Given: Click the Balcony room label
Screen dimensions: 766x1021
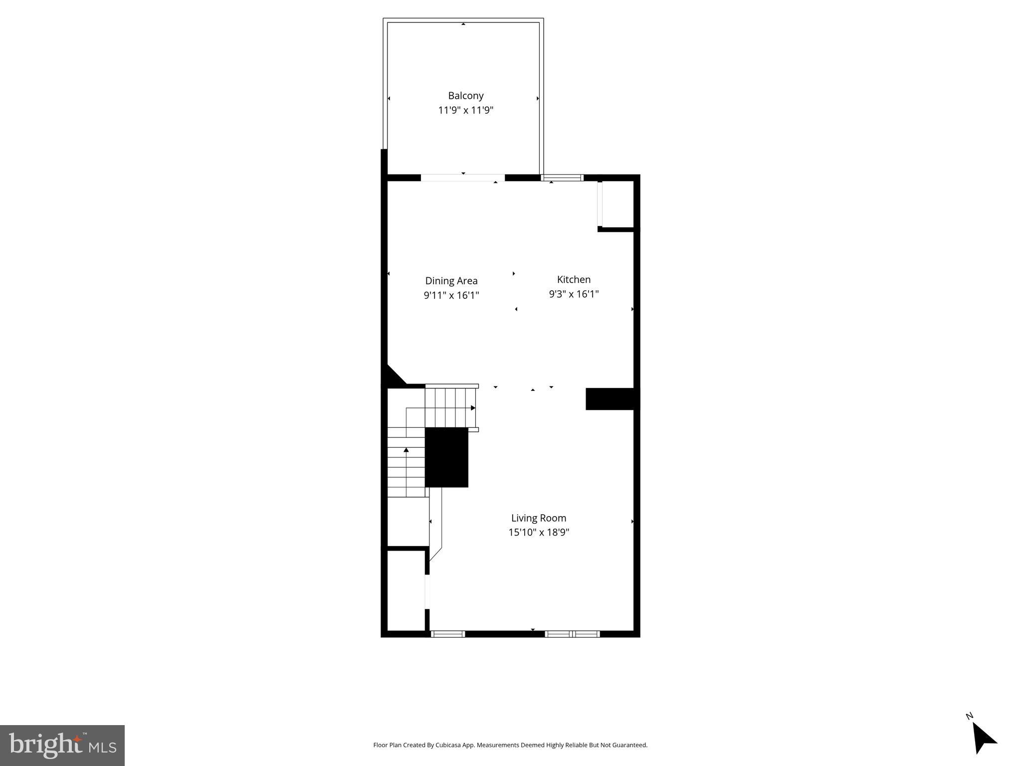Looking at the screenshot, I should [465, 96].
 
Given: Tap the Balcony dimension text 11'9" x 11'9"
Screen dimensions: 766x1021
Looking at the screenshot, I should [465, 110].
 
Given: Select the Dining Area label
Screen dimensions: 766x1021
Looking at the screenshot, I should [451, 281].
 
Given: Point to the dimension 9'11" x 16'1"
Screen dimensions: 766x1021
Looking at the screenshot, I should [451, 295].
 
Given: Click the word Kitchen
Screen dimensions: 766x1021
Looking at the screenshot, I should [574, 280].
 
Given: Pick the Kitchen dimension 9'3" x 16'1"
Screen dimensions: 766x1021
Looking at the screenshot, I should [574, 294].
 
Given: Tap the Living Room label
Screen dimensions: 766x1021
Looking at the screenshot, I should [538, 518].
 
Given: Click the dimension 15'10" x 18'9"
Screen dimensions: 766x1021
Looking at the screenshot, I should [538, 533].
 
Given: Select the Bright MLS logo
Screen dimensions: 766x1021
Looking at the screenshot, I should [62, 745].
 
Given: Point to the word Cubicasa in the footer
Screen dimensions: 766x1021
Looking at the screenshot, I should [447, 745].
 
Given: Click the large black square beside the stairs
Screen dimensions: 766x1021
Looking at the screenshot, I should [446, 457].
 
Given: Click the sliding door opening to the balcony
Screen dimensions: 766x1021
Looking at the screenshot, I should [463, 178].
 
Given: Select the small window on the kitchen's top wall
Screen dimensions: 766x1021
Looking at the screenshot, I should [562, 178].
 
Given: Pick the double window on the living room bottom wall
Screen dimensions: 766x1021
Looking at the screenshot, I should [572, 634].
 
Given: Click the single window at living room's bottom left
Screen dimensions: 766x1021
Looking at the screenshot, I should [448, 634].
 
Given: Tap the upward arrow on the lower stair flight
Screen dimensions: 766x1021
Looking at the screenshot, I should [406, 450].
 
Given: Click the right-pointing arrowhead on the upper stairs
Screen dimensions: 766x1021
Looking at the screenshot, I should [473, 408].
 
